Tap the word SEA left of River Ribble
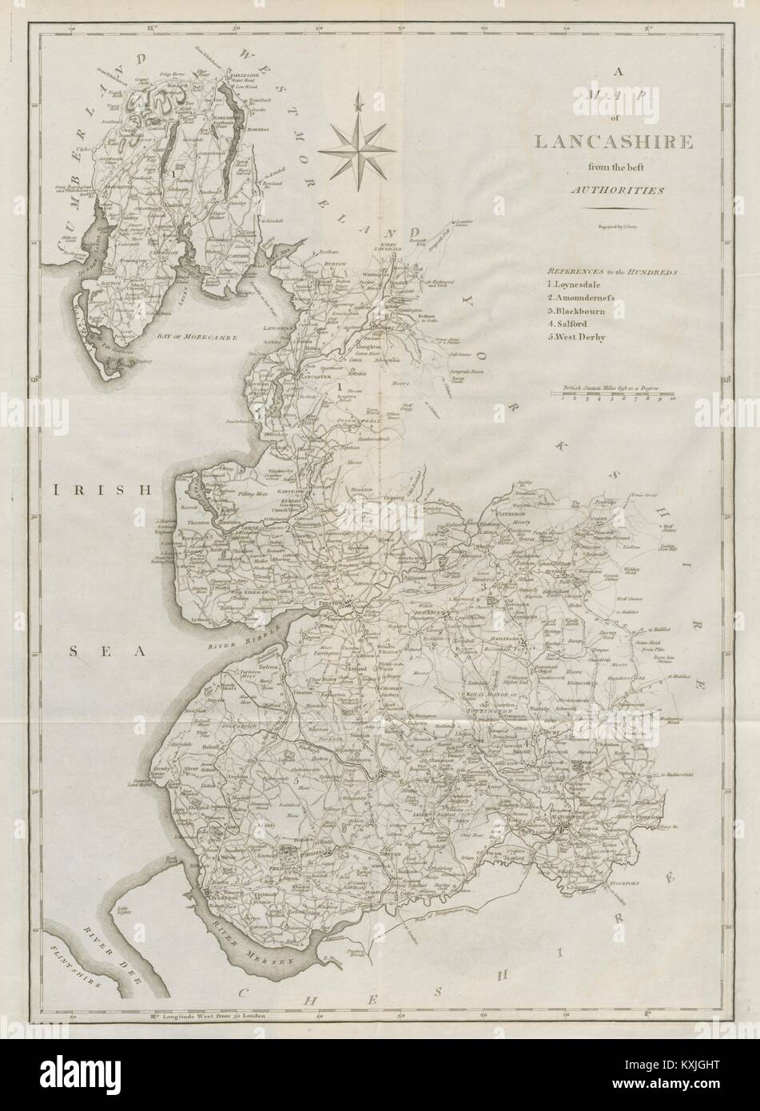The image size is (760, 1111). click(107, 652)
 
